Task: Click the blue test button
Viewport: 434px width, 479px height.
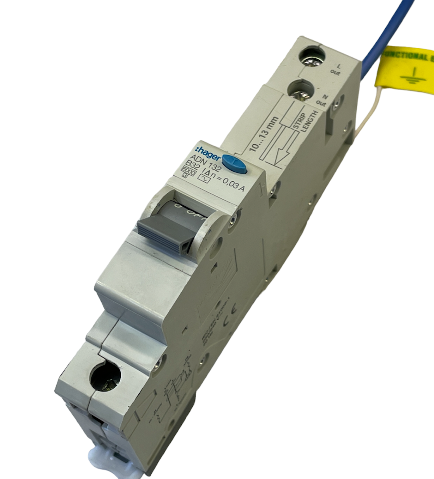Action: (x=235, y=164)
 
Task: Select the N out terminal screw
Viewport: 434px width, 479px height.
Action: (x=301, y=90)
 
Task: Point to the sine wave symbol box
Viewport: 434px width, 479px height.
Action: (x=205, y=179)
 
